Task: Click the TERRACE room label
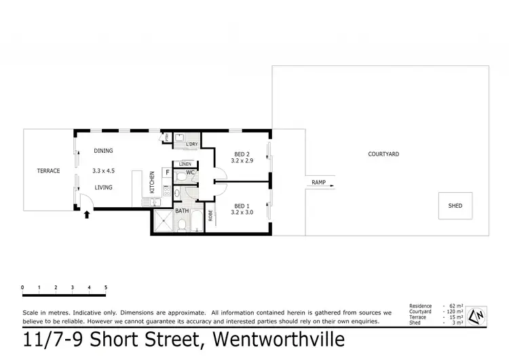48,170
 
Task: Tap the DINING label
103,151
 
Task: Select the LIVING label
103,187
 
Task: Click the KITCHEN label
152,183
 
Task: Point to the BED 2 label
242,154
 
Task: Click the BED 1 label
242,206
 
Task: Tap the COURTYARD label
383,154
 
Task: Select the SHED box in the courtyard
455,205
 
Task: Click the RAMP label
318,182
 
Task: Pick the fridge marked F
166,173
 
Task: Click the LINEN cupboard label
185,164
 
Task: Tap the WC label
191,172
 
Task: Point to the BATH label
182,211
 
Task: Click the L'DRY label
191,144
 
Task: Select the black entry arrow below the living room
86,216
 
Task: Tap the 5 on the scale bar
106,287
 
